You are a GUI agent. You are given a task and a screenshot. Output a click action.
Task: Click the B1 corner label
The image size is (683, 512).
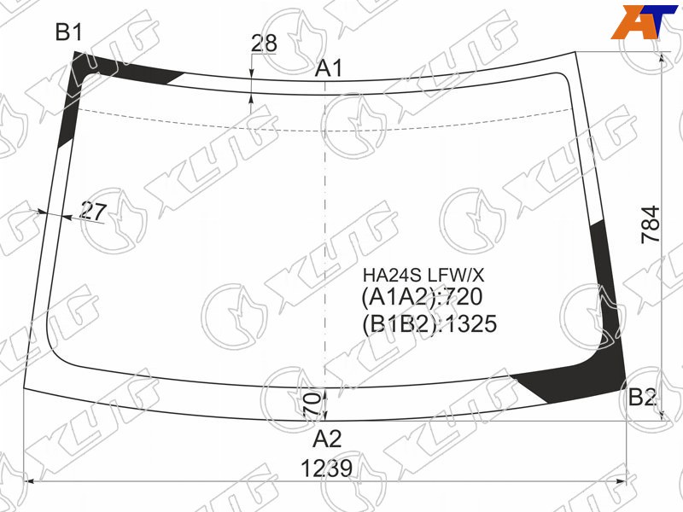click(x=69, y=32)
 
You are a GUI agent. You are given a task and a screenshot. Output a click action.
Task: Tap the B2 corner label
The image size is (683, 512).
click(x=642, y=397)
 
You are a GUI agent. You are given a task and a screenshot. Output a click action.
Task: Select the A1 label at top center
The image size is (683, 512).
click(x=329, y=69)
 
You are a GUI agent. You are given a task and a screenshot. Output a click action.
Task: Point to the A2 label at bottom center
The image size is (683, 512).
click(x=327, y=439)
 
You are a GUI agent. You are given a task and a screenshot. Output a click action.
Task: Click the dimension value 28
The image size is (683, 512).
click(x=264, y=43)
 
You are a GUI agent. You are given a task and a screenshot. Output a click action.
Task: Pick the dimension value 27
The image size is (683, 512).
click(x=93, y=212)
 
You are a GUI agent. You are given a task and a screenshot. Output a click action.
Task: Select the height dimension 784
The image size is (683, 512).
click(x=651, y=224)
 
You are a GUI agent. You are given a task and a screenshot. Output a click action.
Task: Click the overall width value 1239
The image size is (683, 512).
click(x=326, y=468)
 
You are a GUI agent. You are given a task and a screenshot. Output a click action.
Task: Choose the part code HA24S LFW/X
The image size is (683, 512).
click(x=423, y=275)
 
